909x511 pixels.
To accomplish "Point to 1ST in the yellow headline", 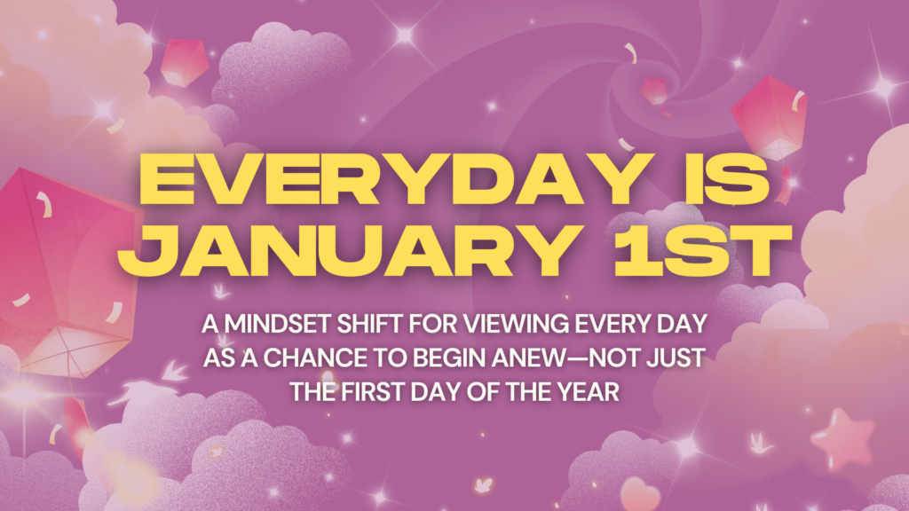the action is tap(703, 250).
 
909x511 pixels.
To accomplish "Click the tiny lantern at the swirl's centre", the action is tap(654, 92).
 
